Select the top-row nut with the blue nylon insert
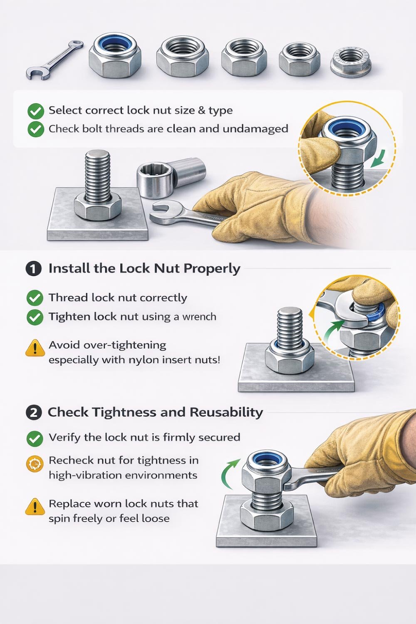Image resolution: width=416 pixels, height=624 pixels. (114, 56)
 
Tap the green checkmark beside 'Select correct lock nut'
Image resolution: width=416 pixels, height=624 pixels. (36, 111)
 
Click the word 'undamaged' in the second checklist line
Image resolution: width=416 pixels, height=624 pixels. (255, 129)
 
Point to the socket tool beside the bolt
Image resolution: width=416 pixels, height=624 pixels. (171, 177)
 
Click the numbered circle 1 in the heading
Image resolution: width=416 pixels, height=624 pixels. (34, 269)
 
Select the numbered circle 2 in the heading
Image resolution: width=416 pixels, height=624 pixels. (34, 413)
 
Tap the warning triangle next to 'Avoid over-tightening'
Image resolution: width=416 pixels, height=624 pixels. (35, 348)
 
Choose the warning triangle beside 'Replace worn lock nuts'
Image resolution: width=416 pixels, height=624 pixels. (35, 507)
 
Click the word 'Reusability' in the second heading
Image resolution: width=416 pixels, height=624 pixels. (226, 412)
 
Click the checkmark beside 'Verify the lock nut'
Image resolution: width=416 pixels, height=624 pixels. (35, 438)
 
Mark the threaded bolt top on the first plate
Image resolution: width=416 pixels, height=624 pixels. (97, 156)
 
